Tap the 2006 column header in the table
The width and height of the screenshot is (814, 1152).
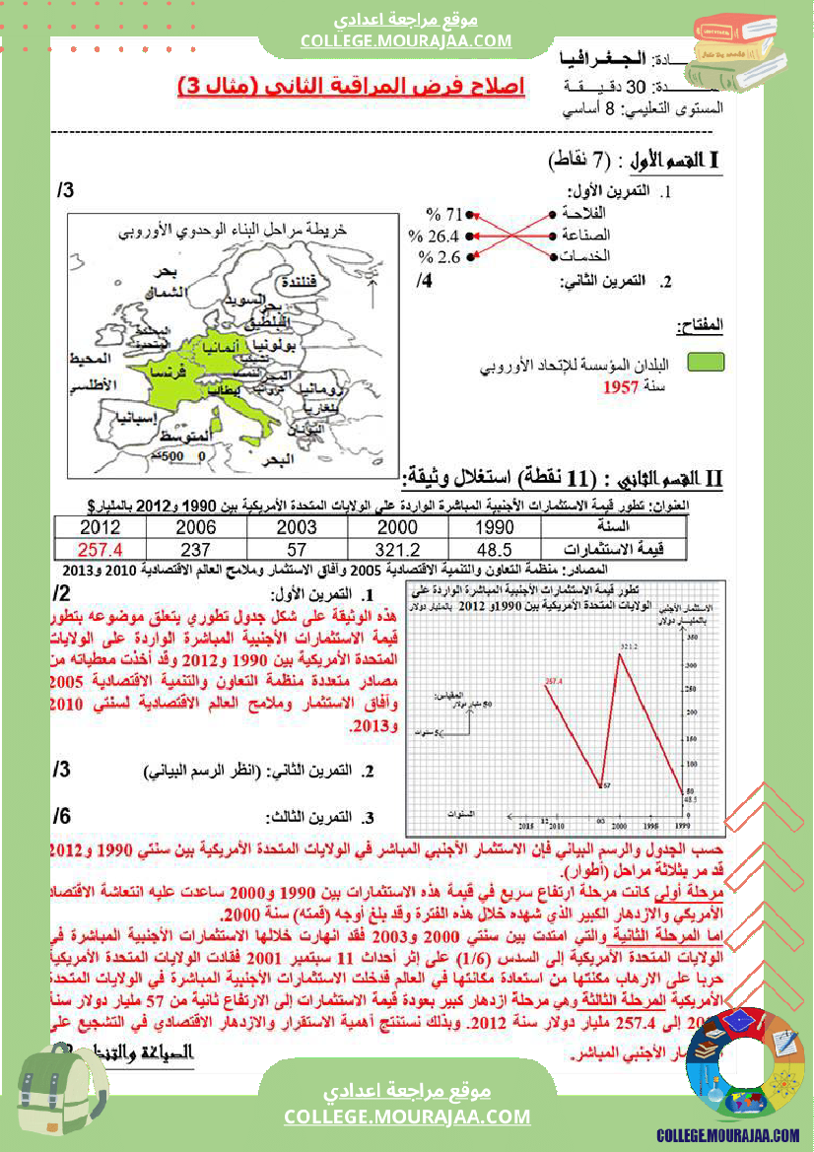pyautogui.click(x=196, y=527)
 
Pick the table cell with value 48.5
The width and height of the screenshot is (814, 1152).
pyautogui.click(x=494, y=550)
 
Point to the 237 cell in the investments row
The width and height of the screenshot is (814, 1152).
pyautogui.click(x=196, y=550)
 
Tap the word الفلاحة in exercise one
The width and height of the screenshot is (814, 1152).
pyautogui.click(x=584, y=214)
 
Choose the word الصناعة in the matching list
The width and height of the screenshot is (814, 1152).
pyautogui.click(x=585, y=236)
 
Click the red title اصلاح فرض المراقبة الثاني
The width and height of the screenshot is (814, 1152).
pyautogui.click(x=351, y=87)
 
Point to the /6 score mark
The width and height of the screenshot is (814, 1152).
pyautogui.click(x=62, y=815)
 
